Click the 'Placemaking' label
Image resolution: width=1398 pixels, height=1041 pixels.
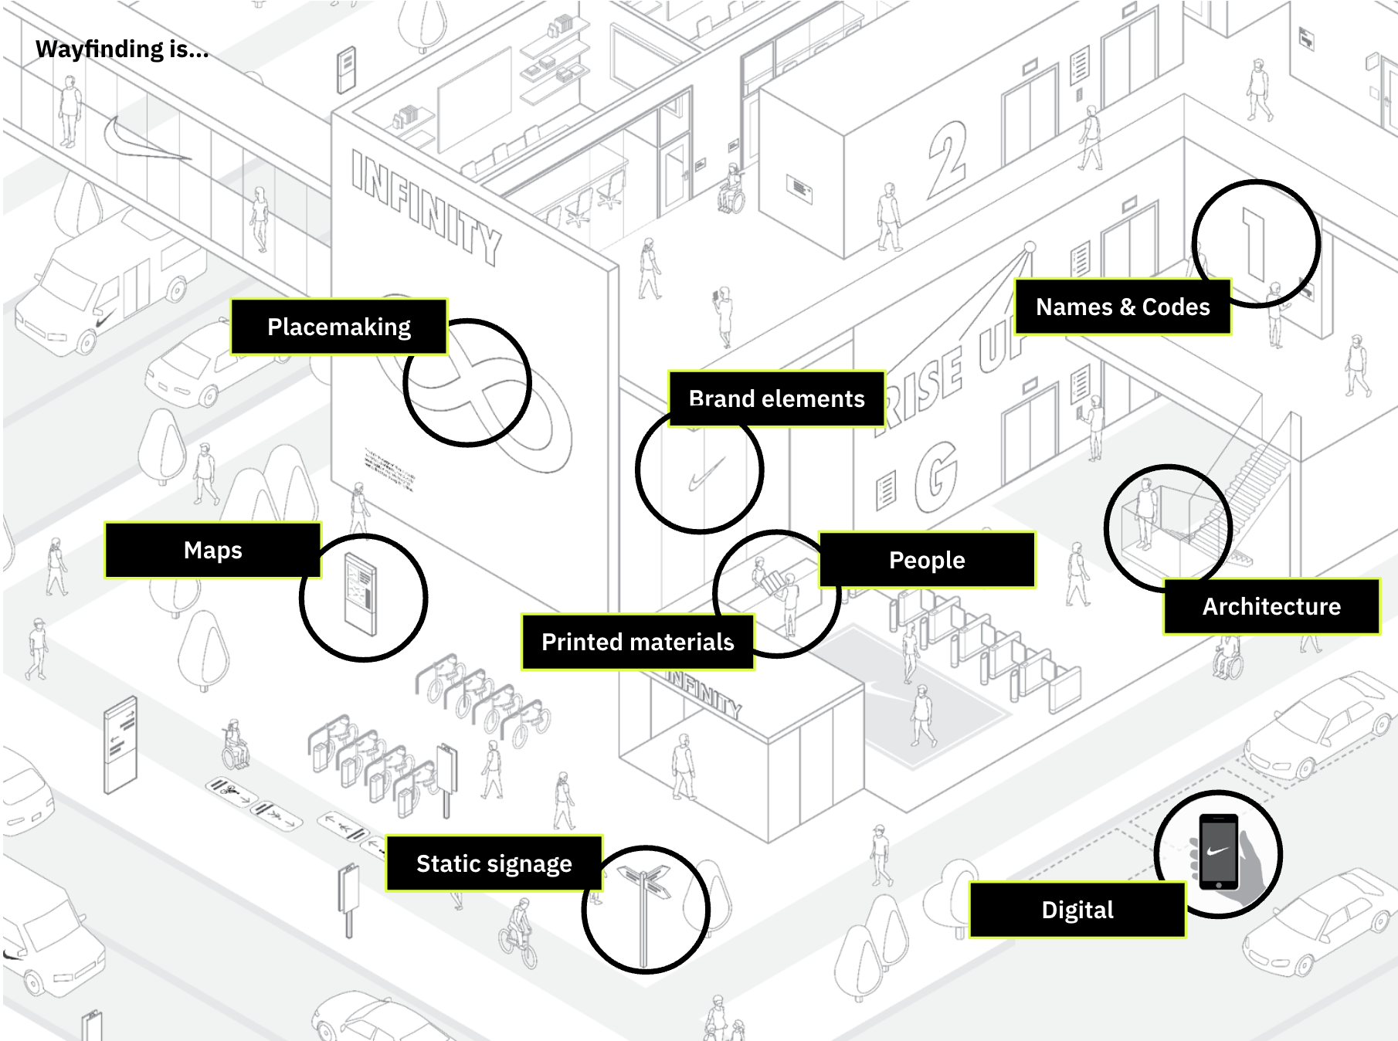click(x=339, y=327)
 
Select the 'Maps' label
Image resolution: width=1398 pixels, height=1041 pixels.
click(x=212, y=550)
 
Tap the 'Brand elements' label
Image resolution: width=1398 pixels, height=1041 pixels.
click(x=776, y=398)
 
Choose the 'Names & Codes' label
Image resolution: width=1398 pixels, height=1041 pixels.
click(x=1122, y=307)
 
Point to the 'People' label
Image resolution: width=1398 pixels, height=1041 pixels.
click(x=927, y=560)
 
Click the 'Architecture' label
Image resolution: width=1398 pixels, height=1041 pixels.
click(x=1271, y=606)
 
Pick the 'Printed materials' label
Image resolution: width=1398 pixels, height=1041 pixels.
click(x=637, y=642)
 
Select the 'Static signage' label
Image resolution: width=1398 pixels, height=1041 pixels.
click(x=494, y=863)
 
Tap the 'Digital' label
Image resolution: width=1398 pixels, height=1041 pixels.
click(x=1077, y=910)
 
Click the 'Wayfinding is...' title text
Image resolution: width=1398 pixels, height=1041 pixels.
click(x=122, y=49)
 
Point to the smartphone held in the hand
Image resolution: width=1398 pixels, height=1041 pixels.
click(x=1218, y=851)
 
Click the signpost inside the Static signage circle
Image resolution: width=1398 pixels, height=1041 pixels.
click(x=644, y=911)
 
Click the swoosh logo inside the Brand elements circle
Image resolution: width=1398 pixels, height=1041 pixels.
click(x=705, y=473)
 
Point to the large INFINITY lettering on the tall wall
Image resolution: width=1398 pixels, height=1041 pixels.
click(x=426, y=207)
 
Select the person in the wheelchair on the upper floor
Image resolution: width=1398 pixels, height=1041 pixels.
click(x=731, y=191)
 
